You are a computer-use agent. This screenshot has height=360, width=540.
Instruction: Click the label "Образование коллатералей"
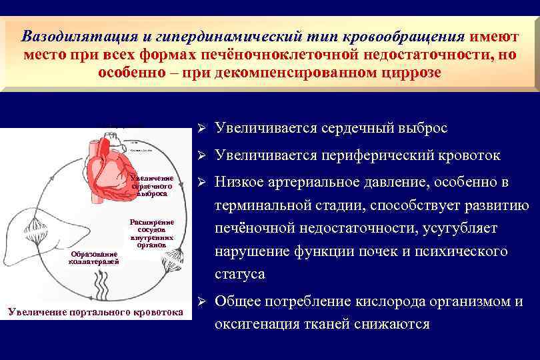click(94, 257)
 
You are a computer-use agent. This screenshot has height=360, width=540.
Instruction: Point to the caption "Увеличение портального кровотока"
click(93, 311)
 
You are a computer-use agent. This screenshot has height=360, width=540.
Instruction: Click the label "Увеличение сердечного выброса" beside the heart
click(153, 186)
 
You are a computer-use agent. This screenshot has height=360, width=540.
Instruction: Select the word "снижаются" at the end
click(393, 324)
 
